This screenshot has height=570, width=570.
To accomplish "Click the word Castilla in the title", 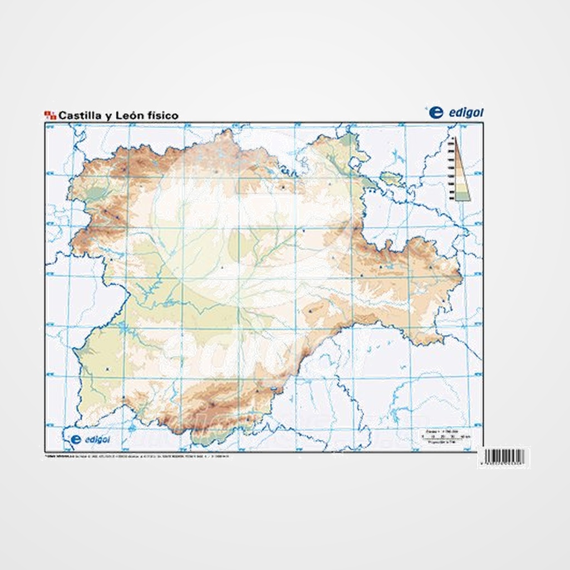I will pos(79,116).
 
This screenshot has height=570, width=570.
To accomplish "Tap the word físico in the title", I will pos(161,116).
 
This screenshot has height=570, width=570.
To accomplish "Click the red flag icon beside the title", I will pos(50,115).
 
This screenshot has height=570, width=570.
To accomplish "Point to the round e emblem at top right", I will pos(436,112).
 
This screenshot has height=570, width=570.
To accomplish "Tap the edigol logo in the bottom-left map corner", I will pos(89,439).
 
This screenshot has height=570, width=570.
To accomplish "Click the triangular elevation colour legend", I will pos(460,170).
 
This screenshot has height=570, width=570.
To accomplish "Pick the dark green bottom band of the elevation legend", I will pos(461,195).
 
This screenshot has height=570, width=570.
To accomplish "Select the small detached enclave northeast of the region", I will pos(391,179).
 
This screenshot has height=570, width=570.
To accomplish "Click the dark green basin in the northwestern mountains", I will pos(95,194).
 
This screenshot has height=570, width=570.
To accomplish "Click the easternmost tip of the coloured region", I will pos(461,276).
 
